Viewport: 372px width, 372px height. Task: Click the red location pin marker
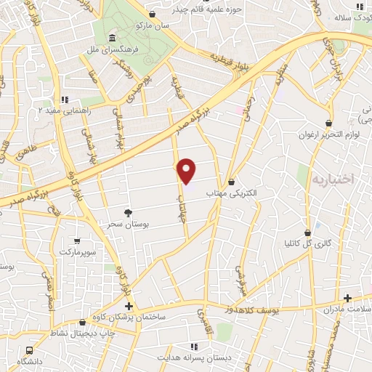click(x=187, y=171)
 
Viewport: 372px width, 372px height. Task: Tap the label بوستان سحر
click(x=128, y=225)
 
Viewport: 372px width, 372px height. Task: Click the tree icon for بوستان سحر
click(x=128, y=212)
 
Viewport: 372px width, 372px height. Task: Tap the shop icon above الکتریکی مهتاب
click(x=232, y=182)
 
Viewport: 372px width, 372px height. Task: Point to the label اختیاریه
click(x=331, y=179)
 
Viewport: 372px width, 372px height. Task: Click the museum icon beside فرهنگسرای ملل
click(x=111, y=39)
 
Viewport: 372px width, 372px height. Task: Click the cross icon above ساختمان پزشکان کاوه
click(x=129, y=307)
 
